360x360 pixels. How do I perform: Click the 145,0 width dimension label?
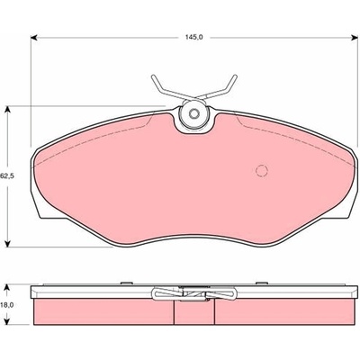pyautogui.click(x=194, y=37)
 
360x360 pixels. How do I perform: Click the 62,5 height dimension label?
pyautogui.click(x=7, y=176)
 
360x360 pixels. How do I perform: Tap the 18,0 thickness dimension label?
pyautogui.click(x=7, y=305)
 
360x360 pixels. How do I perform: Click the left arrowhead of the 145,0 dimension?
pyautogui.click(x=34, y=38)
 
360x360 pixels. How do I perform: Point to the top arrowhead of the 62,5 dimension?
pyautogui.click(x=8, y=110)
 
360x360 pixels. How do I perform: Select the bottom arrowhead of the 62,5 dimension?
pyautogui.click(x=8, y=243)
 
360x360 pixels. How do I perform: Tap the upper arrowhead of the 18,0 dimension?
pyautogui.click(x=8, y=289)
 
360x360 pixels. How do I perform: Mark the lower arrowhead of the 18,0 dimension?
pyautogui.click(x=8, y=320)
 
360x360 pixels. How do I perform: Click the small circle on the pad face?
pyautogui.click(x=261, y=170)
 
